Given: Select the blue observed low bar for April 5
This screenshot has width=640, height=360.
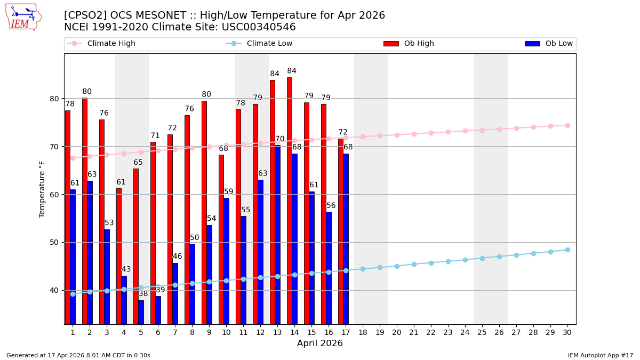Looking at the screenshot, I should pos(141,312).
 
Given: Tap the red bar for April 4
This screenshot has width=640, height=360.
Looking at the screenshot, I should pos(119,256).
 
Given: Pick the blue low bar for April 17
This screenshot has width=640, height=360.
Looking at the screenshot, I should pos(346,238).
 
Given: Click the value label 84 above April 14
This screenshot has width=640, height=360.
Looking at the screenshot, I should pos(292,71).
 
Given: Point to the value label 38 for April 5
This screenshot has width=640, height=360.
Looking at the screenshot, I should pos(143,294).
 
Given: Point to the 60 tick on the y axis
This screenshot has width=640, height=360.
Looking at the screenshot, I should pos(55,194).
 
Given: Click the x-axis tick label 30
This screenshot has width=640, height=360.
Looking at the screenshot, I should pos(567,332).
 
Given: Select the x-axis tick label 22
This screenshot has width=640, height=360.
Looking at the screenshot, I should pos(431,332).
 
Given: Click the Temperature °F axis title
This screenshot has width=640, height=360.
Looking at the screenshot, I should pos(42,189).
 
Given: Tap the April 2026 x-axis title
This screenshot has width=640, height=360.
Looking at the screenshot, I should pos(320,343).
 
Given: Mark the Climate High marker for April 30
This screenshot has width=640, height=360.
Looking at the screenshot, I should pos(567,125).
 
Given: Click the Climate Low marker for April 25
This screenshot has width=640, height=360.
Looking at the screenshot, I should pos(482,258).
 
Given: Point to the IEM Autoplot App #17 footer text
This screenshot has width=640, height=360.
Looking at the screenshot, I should pos(601,355).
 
